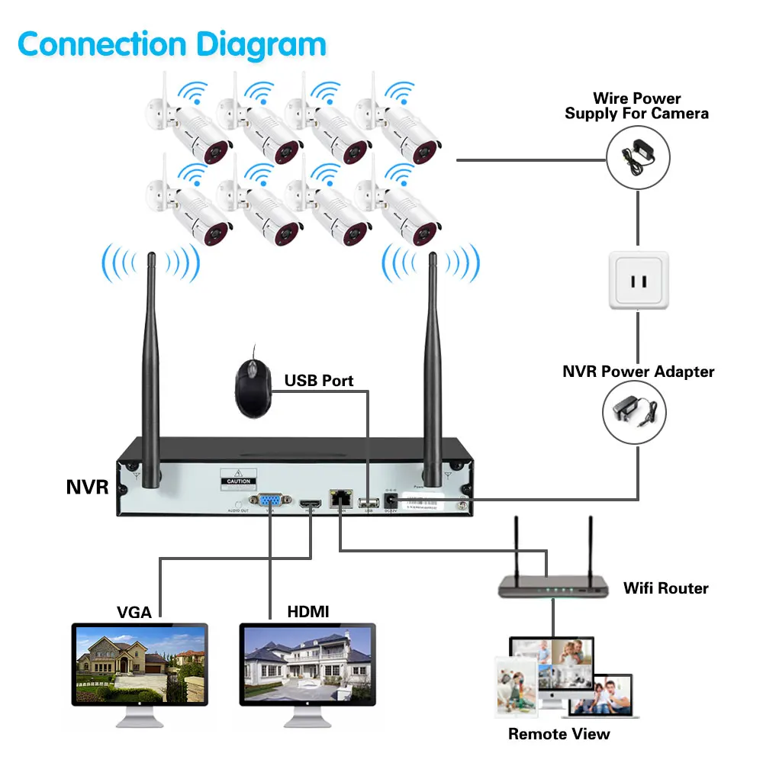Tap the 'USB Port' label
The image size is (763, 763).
[319, 380]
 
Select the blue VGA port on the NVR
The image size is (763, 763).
[269, 502]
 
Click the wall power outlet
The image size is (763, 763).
[638, 281]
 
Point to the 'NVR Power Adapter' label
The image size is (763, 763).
[639, 372]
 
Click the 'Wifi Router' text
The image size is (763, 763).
[665, 588]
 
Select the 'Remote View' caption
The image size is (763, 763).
[559, 734]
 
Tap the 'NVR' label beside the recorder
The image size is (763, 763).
[87, 487]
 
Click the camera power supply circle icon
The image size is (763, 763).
[637, 156]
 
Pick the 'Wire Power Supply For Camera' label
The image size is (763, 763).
[636, 106]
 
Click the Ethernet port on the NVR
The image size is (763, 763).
[339, 500]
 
